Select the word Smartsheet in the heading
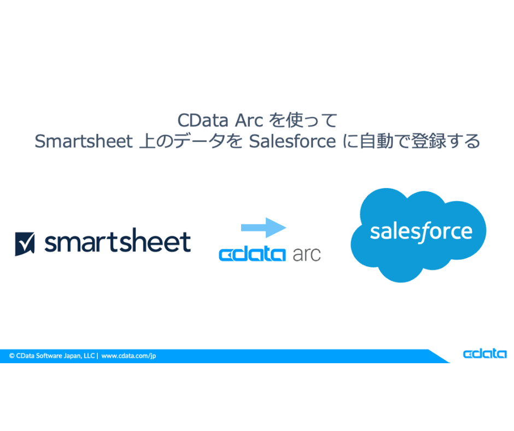coord(83,141)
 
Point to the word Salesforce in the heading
coord(292,141)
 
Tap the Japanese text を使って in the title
coord(304,120)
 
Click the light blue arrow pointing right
coord(264,227)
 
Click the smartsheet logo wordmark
coord(117,242)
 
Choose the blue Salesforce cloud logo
coord(418,235)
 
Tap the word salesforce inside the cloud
coord(420,231)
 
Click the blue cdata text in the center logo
coord(252,254)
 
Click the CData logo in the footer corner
coord(484,354)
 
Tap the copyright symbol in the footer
coord(11,356)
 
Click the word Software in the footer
coord(48,356)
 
